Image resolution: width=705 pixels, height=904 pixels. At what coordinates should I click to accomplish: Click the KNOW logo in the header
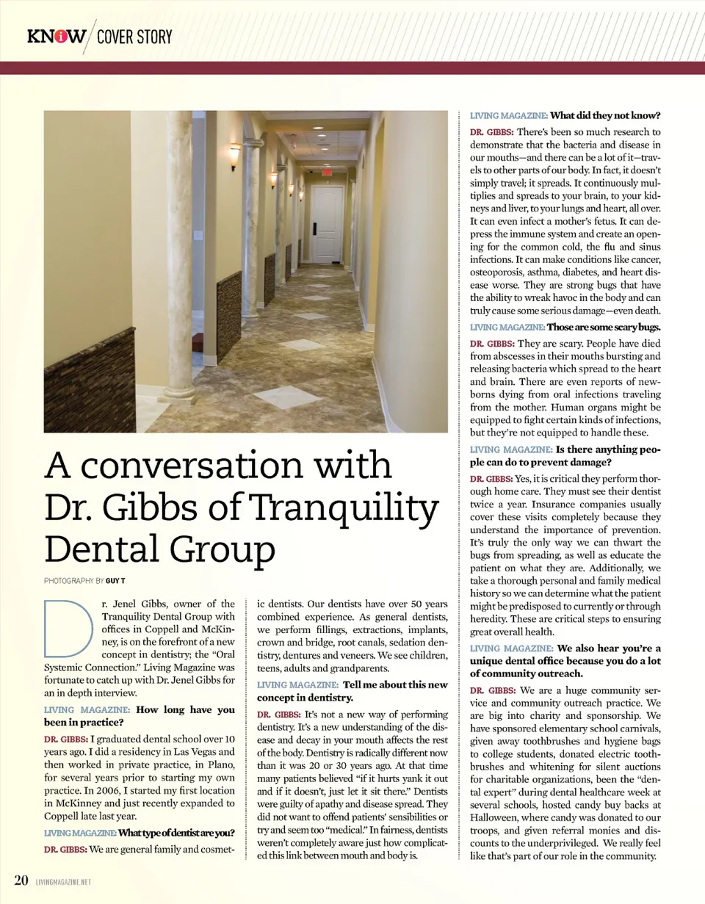(x=56, y=35)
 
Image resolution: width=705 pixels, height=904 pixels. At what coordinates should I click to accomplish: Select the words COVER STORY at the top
(x=134, y=36)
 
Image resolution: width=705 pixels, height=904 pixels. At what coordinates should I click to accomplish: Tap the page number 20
(x=21, y=879)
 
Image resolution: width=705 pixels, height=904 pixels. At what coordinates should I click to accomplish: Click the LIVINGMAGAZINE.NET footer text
(x=63, y=881)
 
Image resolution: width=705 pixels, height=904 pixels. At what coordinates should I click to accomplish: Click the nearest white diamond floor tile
(x=285, y=397)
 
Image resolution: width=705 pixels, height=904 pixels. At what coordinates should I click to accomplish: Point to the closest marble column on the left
(x=178, y=250)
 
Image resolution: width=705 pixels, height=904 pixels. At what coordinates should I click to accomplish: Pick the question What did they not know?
(x=606, y=115)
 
